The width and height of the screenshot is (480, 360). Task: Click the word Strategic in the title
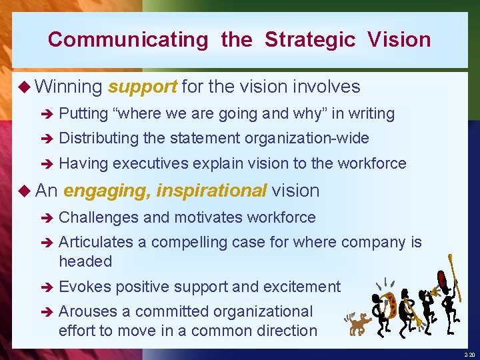tap(310, 39)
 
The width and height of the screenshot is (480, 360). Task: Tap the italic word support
tap(142, 87)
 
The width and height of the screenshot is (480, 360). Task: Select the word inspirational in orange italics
tap(211, 191)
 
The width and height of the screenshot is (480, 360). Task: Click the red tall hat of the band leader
tap(441, 277)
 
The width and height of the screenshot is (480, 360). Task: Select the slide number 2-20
tap(468, 354)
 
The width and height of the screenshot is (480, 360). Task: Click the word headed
tap(85, 261)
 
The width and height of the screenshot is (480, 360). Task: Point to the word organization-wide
tap(307, 139)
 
